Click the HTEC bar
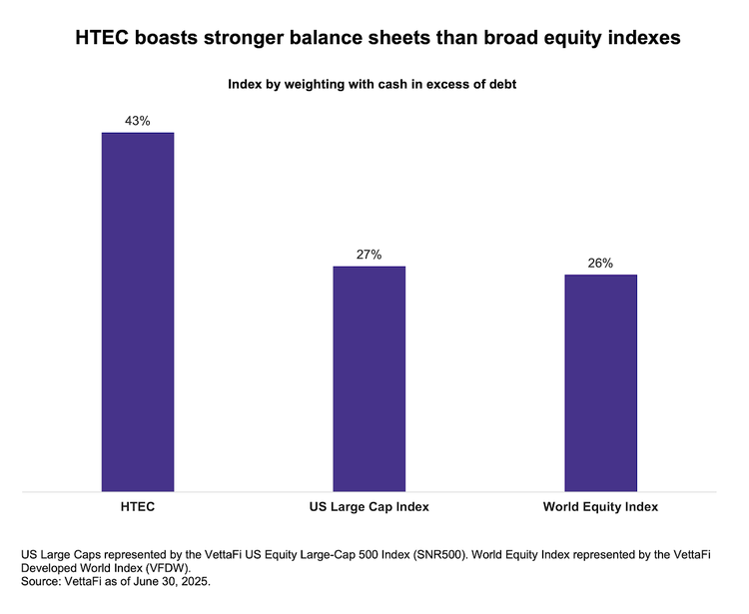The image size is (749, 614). coord(138,311)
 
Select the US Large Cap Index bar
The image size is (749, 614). coord(369,378)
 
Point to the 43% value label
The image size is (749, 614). coord(138,121)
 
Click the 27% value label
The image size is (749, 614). coord(369,255)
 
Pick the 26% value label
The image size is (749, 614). coord(600,263)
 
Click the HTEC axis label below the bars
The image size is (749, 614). coord(138,507)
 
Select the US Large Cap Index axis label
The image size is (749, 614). coord(369,507)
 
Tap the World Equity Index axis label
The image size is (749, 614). coord(600,507)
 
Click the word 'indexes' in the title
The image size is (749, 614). coord(642,38)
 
